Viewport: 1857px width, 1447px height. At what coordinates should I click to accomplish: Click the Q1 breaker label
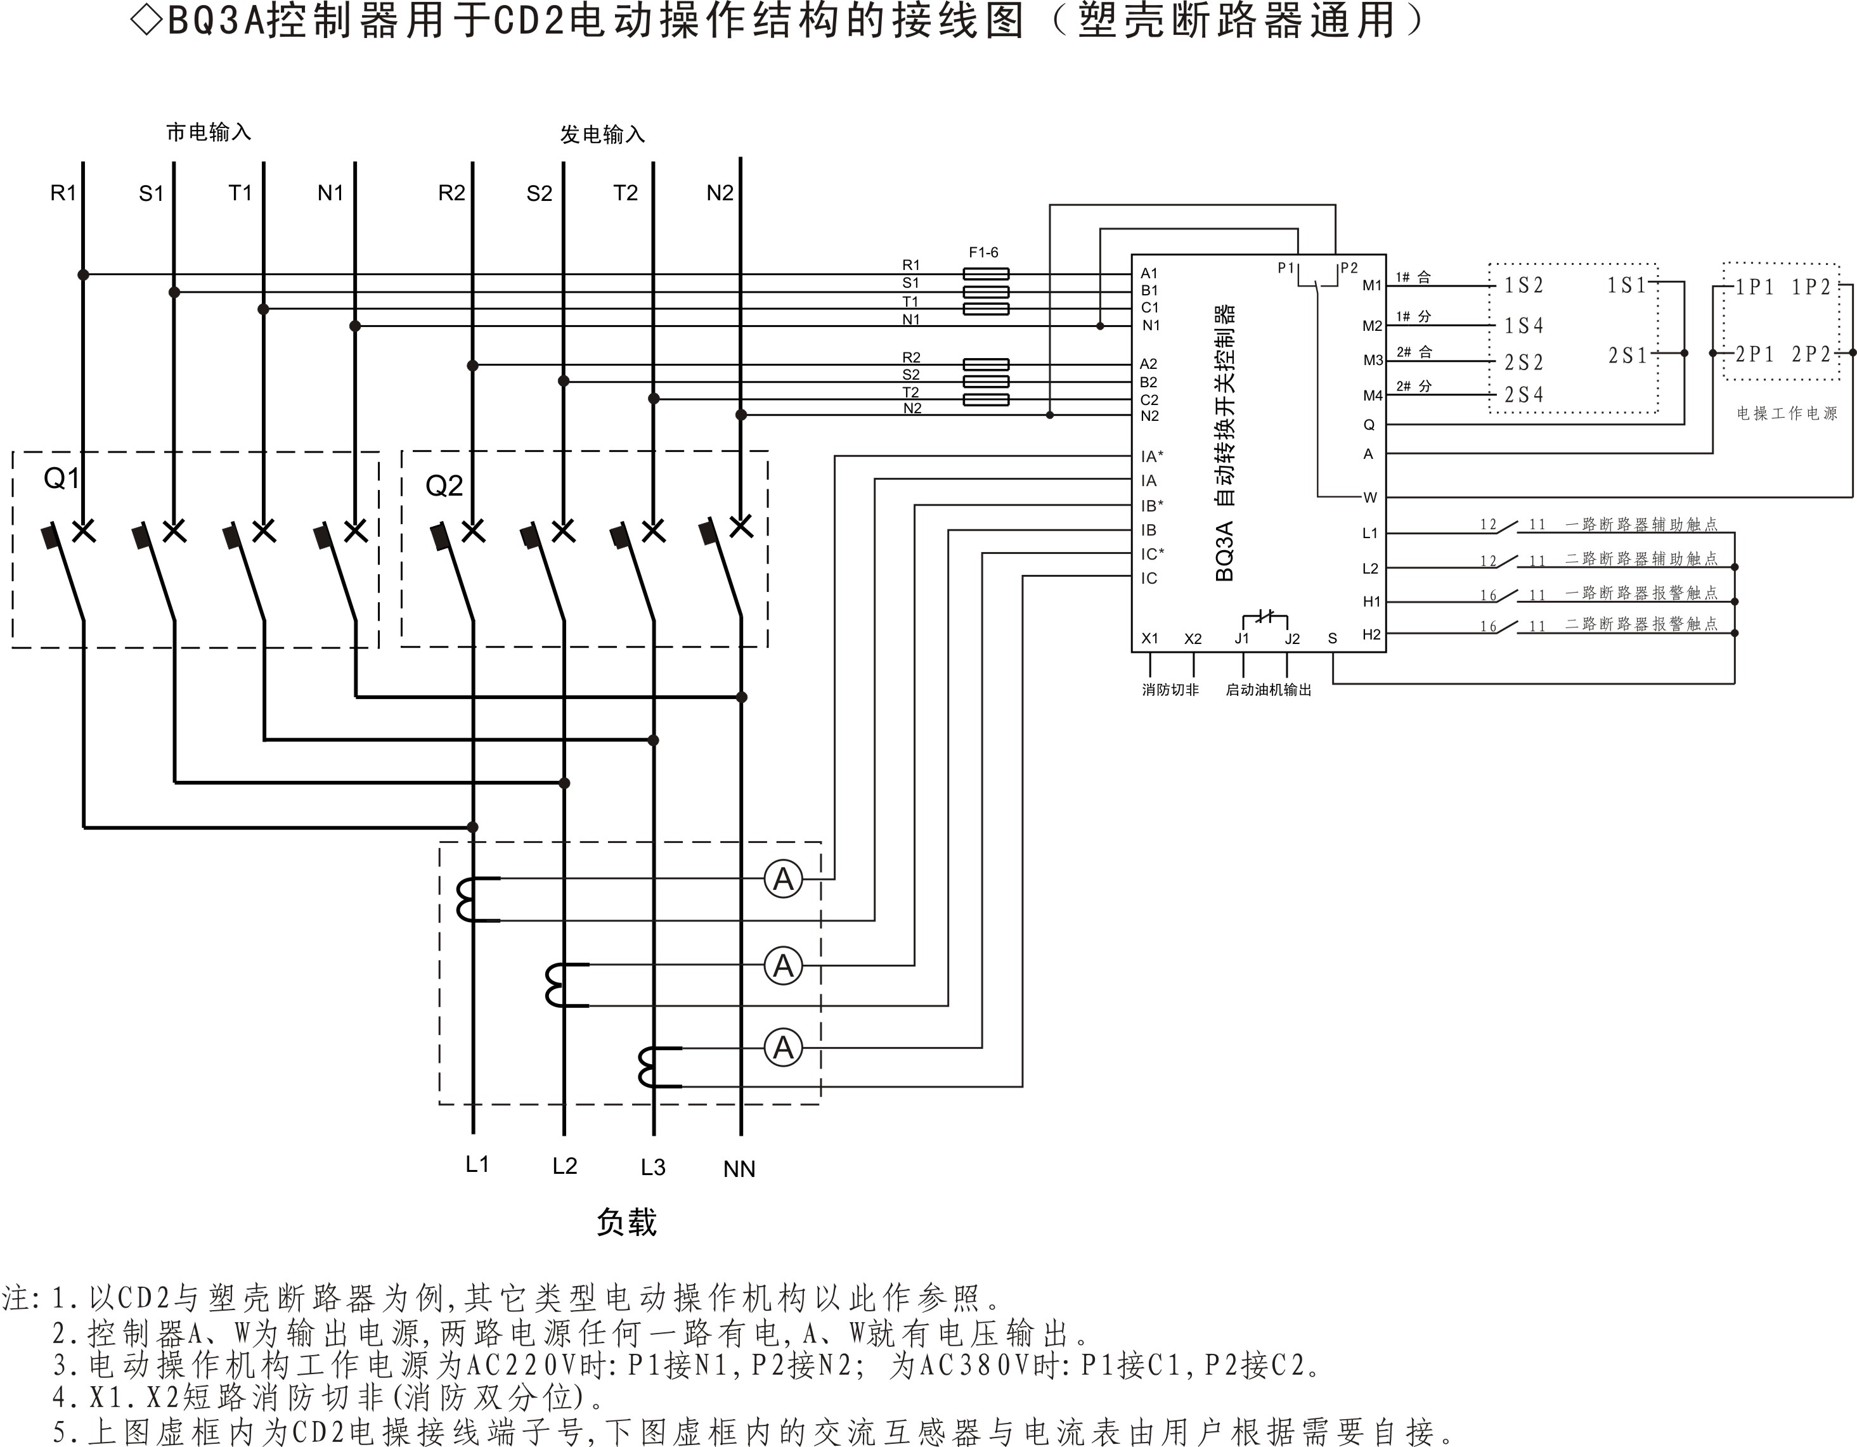click(x=61, y=479)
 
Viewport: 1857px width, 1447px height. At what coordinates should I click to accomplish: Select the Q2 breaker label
click(x=444, y=486)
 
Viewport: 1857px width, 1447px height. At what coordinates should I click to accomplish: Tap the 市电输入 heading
click(x=209, y=132)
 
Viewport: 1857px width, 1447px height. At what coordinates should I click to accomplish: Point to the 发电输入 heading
click(x=602, y=134)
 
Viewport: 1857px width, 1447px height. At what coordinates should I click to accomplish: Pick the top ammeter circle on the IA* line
click(x=783, y=879)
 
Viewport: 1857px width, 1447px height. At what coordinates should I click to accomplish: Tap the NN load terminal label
click(x=739, y=1169)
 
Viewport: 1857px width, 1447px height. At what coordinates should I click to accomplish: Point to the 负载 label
click(x=626, y=1223)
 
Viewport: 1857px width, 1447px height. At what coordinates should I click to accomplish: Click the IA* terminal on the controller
click(x=1152, y=456)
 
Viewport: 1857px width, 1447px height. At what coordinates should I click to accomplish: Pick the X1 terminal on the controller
click(x=1149, y=638)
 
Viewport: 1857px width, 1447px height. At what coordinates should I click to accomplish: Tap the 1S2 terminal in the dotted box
click(x=1524, y=286)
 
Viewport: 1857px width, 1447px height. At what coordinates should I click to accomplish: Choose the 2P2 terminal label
click(x=1811, y=354)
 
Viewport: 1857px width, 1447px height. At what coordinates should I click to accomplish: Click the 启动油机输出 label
click(x=1268, y=690)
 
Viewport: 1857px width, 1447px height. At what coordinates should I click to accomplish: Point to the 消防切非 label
click(x=1170, y=690)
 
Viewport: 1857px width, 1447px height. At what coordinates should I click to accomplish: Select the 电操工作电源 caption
click(x=1787, y=414)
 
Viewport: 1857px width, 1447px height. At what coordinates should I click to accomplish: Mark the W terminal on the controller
click(x=1370, y=498)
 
